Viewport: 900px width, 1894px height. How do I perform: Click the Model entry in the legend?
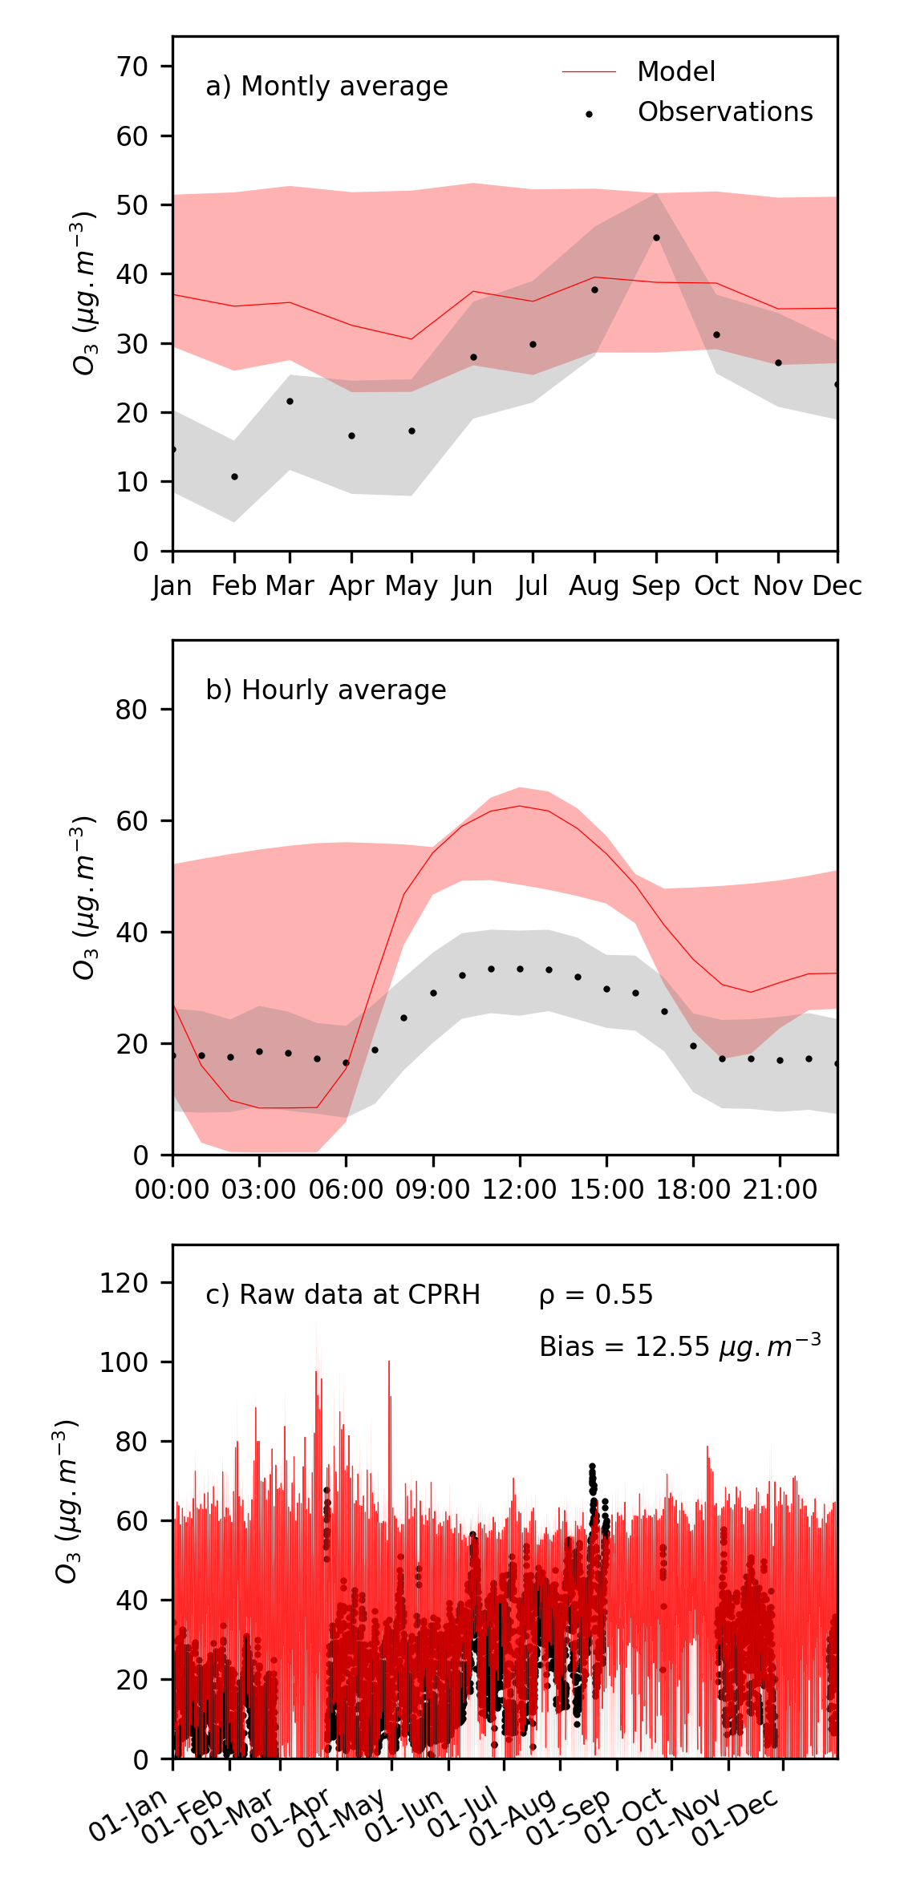675,72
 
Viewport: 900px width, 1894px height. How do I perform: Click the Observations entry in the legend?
724,112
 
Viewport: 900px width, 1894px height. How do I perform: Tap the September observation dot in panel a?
656,238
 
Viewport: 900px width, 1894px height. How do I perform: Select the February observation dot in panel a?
234,477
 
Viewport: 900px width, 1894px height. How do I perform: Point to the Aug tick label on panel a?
594,587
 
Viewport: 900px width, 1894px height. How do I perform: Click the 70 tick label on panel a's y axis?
133,67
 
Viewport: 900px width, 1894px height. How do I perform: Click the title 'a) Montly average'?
326,87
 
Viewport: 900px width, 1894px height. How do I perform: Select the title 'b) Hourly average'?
326,690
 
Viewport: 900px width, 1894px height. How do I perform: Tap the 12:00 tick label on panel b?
519,1190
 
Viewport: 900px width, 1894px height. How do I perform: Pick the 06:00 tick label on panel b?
346,1190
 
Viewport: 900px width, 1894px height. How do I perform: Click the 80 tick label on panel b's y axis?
133,710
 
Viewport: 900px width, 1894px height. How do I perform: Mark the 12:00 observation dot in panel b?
520,969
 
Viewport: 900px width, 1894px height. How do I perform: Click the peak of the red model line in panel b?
520,806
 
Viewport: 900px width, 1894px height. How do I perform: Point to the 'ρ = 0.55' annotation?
596,1295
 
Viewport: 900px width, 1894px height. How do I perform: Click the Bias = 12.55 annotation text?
679,1346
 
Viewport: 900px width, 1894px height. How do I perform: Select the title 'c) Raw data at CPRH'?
343,1295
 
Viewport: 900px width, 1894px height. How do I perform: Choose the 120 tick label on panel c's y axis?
125,1283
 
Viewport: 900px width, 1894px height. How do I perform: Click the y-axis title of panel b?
83,897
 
